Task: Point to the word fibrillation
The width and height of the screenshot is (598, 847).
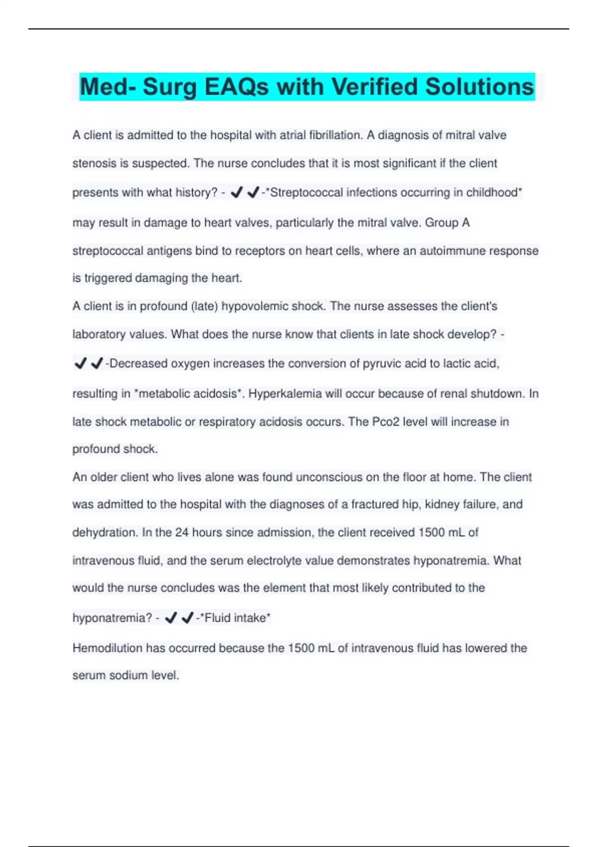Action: tap(335, 135)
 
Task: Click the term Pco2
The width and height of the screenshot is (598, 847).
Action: tap(386, 422)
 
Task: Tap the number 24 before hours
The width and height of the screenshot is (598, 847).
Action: tap(182, 532)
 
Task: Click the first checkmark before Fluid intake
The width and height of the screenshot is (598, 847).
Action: tap(170, 618)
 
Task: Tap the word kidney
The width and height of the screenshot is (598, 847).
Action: tap(442, 504)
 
